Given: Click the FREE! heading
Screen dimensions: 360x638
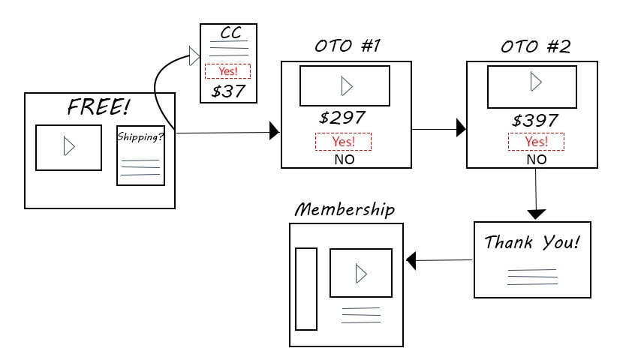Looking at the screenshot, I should tap(98, 106).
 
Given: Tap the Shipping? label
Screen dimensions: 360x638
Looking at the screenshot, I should tap(140, 136).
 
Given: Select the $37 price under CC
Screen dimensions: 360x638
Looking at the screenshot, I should tap(227, 91).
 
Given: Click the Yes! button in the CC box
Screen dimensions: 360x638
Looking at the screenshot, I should tap(227, 72).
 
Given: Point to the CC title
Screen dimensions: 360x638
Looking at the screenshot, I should tap(230, 33).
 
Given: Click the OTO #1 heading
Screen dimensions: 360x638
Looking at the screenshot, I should tap(348, 46).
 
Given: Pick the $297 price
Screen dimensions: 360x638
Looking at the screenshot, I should tap(342, 118).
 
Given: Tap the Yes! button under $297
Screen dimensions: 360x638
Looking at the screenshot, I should tap(343, 141).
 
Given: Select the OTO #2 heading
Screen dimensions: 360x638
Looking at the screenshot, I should tap(535, 46).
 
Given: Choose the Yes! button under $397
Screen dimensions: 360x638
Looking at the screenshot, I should tap(536, 141).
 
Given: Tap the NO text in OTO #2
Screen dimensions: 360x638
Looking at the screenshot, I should tap(536, 159).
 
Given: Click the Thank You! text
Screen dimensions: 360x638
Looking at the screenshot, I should tap(532, 243).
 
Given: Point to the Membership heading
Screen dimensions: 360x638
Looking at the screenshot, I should tap(345, 209).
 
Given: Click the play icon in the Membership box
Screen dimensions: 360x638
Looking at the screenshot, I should tap(361, 274).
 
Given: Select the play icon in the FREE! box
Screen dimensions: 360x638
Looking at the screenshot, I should tap(69, 147).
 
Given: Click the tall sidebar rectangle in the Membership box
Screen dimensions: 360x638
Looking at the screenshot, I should tap(306, 288).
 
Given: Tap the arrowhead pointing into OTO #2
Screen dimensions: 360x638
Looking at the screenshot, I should tap(461, 130).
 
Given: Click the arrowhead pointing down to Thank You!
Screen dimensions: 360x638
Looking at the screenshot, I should tap(535, 214).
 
